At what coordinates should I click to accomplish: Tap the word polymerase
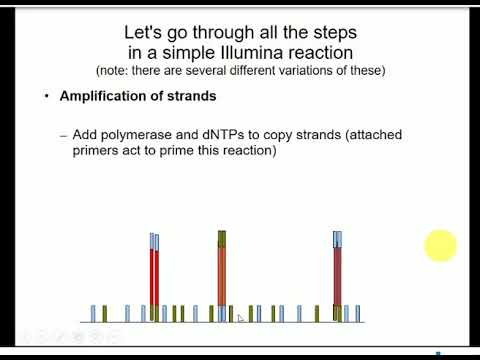click(132, 134)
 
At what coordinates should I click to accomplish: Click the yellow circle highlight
click(440, 245)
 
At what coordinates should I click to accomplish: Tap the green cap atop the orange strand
click(222, 238)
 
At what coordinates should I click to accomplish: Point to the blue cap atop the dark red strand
click(338, 238)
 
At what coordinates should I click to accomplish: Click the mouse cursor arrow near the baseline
click(240, 318)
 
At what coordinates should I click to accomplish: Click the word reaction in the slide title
click(335, 51)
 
